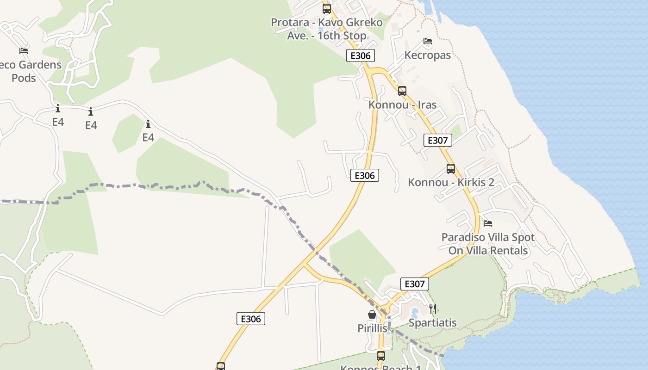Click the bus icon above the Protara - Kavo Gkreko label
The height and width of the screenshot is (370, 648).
(327, 8)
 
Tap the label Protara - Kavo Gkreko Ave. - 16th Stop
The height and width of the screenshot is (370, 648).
(327, 29)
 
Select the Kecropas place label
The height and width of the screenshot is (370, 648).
(427, 55)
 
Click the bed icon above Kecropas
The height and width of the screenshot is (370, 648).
(428, 41)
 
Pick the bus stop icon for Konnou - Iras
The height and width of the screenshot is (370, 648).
(402, 91)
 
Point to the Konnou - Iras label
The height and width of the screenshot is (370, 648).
(402, 105)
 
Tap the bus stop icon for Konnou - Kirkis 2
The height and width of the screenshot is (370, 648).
(451, 168)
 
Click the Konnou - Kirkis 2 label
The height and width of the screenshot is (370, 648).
(451, 182)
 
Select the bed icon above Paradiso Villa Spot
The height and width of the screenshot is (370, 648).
(488, 223)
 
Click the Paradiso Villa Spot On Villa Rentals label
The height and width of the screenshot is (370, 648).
(488, 244)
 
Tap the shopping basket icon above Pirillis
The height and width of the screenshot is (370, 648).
(372, 314)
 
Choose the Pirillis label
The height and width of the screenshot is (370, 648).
(372, 328)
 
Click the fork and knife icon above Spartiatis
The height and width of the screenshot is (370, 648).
(433, 309)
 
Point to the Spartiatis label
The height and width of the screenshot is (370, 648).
(433, 323)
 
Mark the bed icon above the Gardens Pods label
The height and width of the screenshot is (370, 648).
(24, 50)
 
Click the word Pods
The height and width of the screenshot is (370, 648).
(24, 78)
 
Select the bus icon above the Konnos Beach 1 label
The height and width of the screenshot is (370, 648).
(380, 356)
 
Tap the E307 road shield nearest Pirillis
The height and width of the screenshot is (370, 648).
(414, 284)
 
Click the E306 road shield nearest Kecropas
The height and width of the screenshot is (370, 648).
(360, 56)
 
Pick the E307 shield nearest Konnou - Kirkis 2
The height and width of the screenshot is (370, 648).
(437, 140)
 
